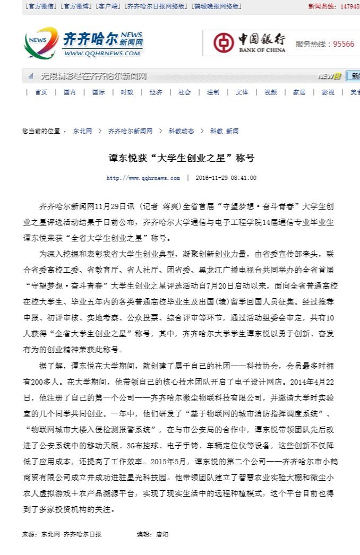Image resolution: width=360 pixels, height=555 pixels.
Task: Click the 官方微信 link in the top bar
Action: click(41, 6)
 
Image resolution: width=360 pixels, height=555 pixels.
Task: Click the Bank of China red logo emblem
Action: click(224, 43)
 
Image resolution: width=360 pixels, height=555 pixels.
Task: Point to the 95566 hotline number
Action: click(344, 44)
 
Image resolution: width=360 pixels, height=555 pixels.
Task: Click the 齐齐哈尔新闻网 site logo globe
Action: click(41, 42)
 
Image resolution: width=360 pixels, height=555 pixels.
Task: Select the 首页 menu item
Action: click(41, 92)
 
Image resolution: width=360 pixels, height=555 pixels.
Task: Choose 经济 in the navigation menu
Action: click(156, 92)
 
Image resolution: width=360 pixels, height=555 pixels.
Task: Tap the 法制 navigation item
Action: click(213, 92)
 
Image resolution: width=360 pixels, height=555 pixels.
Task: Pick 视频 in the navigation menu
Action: click(270, 92)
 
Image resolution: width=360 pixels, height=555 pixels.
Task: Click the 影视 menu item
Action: click(328, 92)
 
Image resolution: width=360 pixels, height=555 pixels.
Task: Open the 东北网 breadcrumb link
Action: click(82, 131)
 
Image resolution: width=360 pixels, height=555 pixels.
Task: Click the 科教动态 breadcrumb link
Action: click(181, 131)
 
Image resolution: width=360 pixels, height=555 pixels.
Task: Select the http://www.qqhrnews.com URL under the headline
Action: click(143, 178)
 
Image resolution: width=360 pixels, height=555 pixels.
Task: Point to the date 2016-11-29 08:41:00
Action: click(226, 178)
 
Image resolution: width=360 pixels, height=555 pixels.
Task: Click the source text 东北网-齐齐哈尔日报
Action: click(71, 534)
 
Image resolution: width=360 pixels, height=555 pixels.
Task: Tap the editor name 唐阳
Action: click(161, 534)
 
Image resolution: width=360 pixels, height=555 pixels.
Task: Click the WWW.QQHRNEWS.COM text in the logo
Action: click(102, 53)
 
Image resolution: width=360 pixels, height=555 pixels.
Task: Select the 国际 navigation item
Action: click(98, 92)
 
